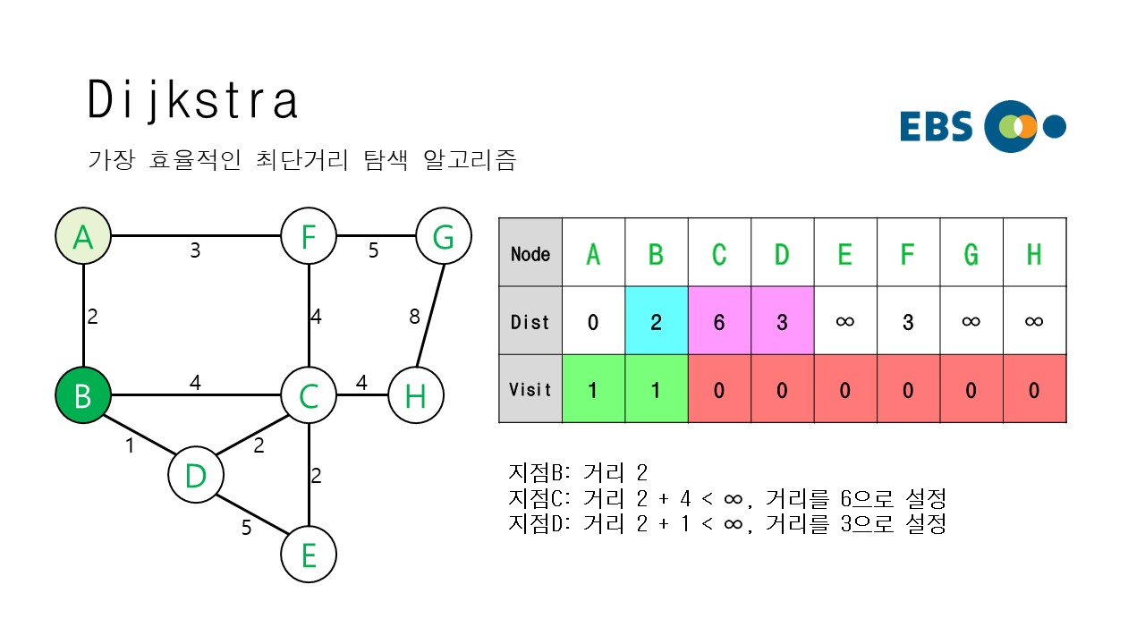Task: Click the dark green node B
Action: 82,394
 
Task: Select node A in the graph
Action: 82,238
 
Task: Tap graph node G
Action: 443,238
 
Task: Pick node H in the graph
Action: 415,394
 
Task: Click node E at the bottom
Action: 309,555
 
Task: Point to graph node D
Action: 196,475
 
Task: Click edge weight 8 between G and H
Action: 414,316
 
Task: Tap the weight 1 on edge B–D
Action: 130,445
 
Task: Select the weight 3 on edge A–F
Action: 195,250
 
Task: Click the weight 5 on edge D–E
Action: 246,528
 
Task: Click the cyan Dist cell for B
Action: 656,321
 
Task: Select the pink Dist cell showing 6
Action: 719,321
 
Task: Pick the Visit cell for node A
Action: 593,389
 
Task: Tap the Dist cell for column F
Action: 908,321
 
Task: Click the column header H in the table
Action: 1034,254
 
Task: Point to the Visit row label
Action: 530,389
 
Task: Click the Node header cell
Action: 530,254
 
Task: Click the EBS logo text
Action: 936,127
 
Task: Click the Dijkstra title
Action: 192,100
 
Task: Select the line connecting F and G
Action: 376,238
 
